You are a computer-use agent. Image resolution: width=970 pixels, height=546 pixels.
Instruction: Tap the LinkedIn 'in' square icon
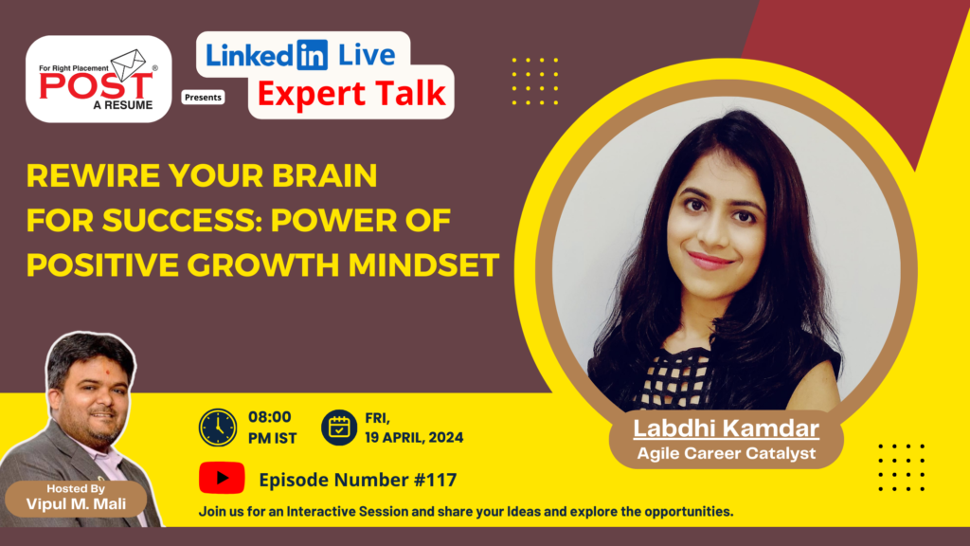310,55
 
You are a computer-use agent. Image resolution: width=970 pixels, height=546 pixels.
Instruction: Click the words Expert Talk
350,95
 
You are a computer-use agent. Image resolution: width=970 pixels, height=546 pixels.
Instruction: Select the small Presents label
204,97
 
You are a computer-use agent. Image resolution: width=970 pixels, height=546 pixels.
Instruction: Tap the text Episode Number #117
357,480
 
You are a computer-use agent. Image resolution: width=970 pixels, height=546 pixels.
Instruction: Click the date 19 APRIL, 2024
414,438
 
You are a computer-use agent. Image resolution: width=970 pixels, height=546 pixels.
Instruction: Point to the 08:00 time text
269,417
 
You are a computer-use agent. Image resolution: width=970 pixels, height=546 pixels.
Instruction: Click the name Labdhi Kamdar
726,429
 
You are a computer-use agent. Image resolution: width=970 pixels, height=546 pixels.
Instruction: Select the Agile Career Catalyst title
726,453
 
